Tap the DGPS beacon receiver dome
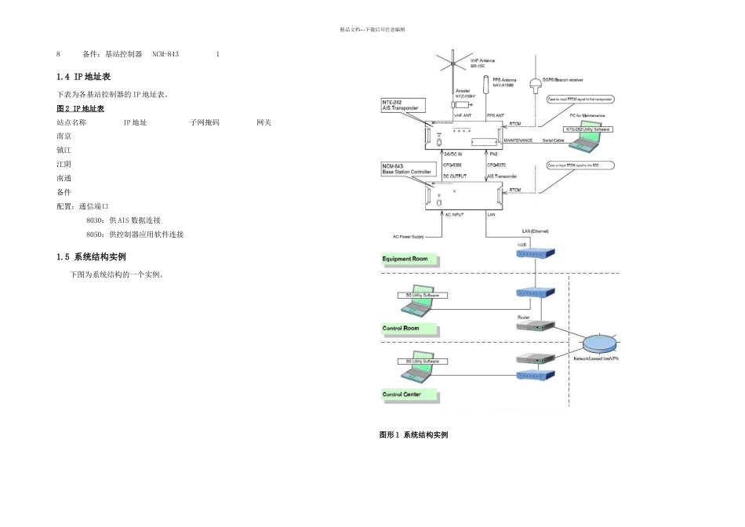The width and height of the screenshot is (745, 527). [x=536, y=85]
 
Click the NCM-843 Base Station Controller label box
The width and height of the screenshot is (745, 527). [x=407, y=169]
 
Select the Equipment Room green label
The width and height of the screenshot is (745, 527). [x=410, y=259]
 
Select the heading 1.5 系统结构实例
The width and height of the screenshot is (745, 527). [x=92, y=256]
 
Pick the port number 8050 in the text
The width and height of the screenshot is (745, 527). [x=95, y=234]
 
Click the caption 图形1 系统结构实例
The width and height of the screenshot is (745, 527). [x=413, y=434]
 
